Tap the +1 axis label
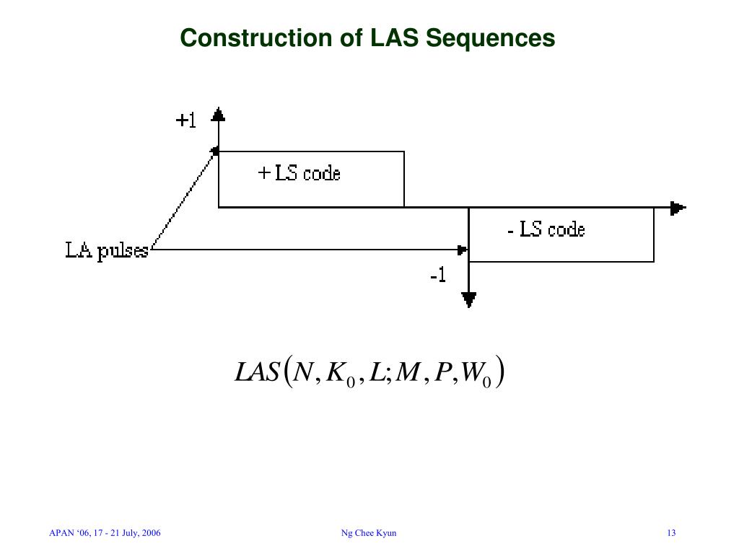click(186, 120)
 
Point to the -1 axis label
click(437, 276)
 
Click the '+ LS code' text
click(299, 173)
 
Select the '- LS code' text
click(546, 230)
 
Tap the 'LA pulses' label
click(107, 250)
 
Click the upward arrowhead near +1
click(218, 114)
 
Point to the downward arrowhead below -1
click(469, 299)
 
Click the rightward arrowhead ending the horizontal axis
click(677, 208)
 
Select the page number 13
click(671, 533)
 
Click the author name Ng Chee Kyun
click(369, 533)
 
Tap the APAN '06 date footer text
click(105, 533)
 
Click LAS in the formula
click(257, 373)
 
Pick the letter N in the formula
click(303, 373)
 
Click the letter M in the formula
click(408, 373)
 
